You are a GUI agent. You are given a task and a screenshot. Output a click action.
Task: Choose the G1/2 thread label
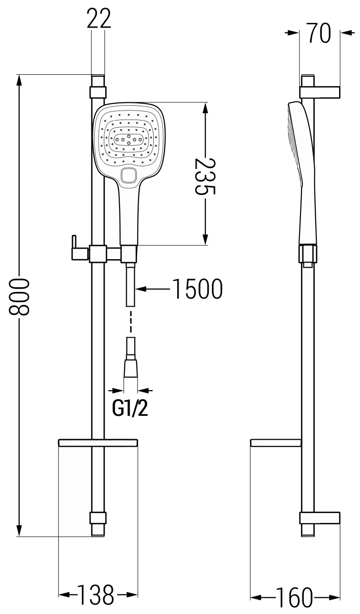[130, 409]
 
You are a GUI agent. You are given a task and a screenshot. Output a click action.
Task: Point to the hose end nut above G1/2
[131, 369]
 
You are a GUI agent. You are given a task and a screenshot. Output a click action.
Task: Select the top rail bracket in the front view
[98, 91]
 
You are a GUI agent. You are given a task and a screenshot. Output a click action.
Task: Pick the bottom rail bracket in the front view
[98, 518]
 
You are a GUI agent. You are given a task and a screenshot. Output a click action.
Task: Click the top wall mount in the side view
[320, 91]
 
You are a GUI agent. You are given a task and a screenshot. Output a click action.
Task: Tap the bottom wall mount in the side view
[320, 518]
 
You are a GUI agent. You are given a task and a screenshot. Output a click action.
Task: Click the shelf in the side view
[276, 443]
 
